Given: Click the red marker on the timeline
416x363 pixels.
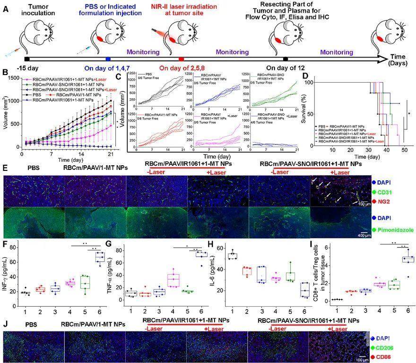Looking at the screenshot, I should click(x=181, y=59).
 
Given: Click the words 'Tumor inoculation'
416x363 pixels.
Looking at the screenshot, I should click(x=33, y=10).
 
